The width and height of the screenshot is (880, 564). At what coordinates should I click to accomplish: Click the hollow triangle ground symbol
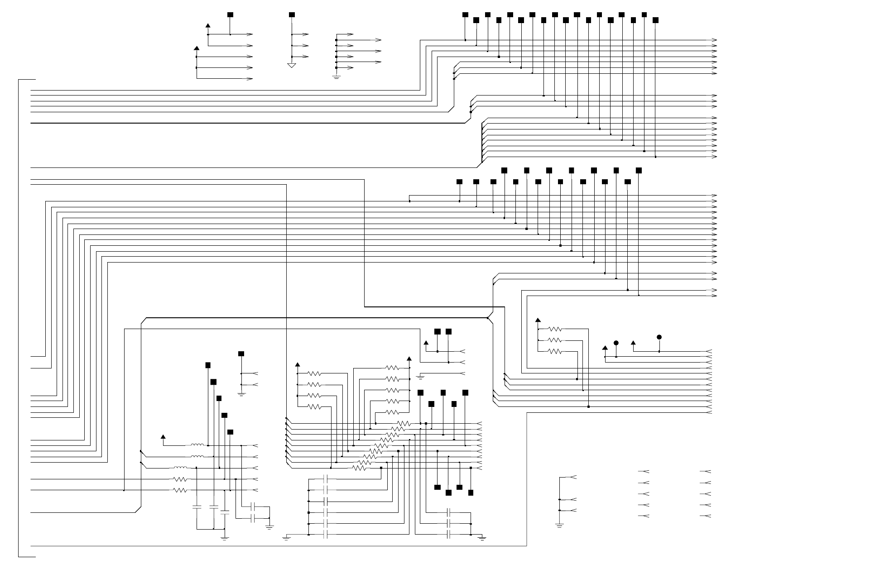coord(292,66)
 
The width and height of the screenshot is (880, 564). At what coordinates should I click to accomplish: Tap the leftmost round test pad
coord(616,343)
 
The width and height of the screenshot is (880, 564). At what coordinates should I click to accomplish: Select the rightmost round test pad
coord(659,337)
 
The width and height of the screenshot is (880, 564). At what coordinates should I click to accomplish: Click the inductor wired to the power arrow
coord(197,445)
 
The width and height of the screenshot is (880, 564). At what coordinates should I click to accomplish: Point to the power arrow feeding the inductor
coord(163,437)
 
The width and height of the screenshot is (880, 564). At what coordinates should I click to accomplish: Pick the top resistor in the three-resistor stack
coord(555,329)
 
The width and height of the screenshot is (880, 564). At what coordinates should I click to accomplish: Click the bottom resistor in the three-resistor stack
coord(555,351)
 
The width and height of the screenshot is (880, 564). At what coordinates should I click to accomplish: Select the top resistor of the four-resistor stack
coord(314,373)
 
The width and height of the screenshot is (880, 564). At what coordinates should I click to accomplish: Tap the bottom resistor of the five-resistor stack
coord(392,412)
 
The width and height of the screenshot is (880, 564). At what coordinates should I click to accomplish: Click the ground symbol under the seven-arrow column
coord(337,77)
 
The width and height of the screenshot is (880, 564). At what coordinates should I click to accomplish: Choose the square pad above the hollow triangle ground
coord(292,15)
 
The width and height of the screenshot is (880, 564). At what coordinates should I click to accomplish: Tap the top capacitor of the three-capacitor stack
coord(448,513)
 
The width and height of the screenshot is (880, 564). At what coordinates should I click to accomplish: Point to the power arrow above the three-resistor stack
coord(538,320)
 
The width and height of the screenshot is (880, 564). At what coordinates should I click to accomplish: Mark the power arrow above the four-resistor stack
coord(298,364)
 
